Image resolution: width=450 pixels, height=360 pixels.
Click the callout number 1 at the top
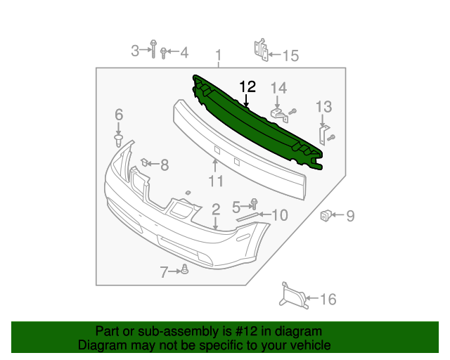click(x=218, y=55)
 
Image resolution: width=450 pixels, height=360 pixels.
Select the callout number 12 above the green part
click(x=247, y=87)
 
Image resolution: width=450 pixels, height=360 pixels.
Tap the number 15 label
click(x=290, y=55)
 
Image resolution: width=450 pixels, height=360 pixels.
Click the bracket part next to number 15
click(x=259, y=49)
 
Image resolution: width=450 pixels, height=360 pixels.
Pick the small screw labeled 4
click(x=164, y=52)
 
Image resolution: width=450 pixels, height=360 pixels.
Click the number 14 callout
click(x=279, y=88)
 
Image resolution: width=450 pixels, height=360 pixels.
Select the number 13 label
click(x=323, y=106)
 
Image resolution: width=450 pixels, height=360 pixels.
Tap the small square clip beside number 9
click(x=326, y=214)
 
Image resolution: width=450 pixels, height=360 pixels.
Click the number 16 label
click(x=328, y=300)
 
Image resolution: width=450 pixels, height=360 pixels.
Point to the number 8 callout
click(x=165, y=165)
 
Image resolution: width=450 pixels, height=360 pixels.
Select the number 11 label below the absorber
click(x=216, y=181)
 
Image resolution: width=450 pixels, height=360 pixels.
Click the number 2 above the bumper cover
click(x=216, y=208)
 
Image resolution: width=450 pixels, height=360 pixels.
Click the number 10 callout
click(x=279, y=214)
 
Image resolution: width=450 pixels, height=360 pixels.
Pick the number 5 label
click(x=237, y=205)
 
